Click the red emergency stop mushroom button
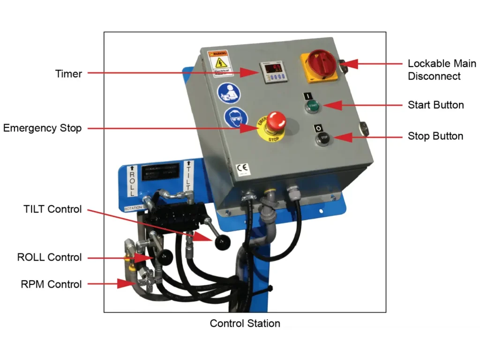coord(276,121)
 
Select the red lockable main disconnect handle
coord(321,62)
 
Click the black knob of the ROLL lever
coord(165,256)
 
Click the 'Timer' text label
coord(68,74)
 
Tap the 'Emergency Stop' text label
coord(42,128)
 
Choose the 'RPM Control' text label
coord(51,284)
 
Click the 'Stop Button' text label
coord(435,136)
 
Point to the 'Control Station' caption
coord(245,323)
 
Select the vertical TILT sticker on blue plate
coord(188,175)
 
